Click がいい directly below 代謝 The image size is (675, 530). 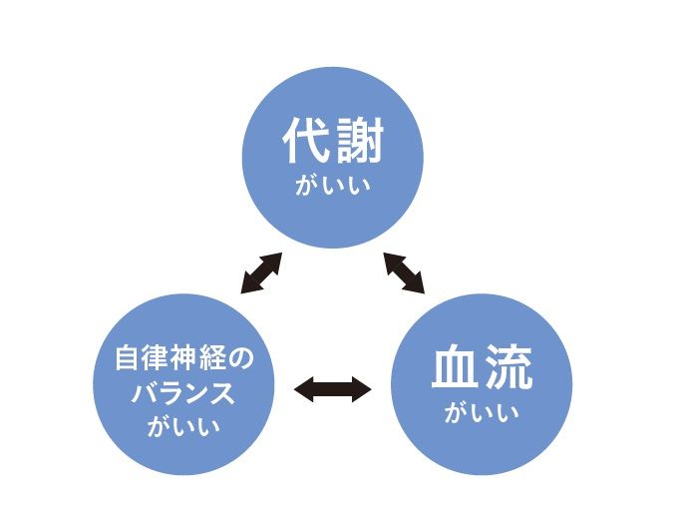pyautogui.click(x=333, y=186)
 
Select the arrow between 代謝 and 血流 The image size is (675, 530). pyautogui.click(x=405, y=271)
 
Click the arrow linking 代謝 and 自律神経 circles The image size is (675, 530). pyautogui.click(x=261, y=272)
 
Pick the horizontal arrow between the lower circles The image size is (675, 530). pyautogui.click(x=333, y=388)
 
